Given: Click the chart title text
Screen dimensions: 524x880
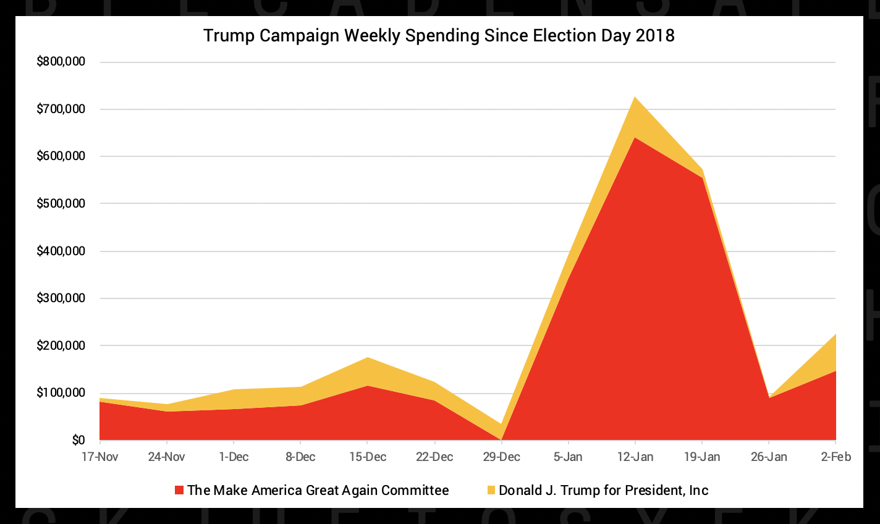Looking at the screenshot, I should pyautogui.click(x=439, y=35).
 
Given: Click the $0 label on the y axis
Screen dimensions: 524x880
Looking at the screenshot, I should pyautogui.click(x=78, y=440).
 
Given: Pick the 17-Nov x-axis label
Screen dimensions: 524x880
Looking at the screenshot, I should pyautogui.click(x=100, y=457).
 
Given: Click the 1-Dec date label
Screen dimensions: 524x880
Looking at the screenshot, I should pyautogui.click(x=234, y=457).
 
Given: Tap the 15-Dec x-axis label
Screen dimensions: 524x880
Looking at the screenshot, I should pyautogui.click(x=368, y=457).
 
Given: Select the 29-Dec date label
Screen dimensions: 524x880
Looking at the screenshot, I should pyautogui.click(x=501, y=457).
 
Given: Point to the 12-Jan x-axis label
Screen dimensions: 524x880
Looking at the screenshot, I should pyautogui.click(x=635, y=457).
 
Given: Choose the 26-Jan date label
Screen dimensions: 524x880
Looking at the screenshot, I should pyautogui.click(x=769, y=457).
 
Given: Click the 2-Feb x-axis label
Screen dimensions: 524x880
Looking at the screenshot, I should pyautogui.click(x=836, y=457).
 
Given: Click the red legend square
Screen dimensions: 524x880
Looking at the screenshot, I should pyautogui.click(x=179, y=491).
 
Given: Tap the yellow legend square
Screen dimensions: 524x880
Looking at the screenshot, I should pyautogui.click(x=491, y=491).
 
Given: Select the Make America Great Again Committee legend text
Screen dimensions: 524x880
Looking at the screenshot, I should pyautogui.click(x=318, y=491).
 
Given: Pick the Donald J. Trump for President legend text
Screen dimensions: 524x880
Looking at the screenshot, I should pyautogui.click(x=604, y=491).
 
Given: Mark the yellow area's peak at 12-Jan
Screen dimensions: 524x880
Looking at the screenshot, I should pyautogui.click(x=635, y=98).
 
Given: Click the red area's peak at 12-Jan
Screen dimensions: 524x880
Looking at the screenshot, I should pyautogui.click(x=635, y=138).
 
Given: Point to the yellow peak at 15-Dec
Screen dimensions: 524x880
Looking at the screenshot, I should pyautogui.click(x=368, y=358).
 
